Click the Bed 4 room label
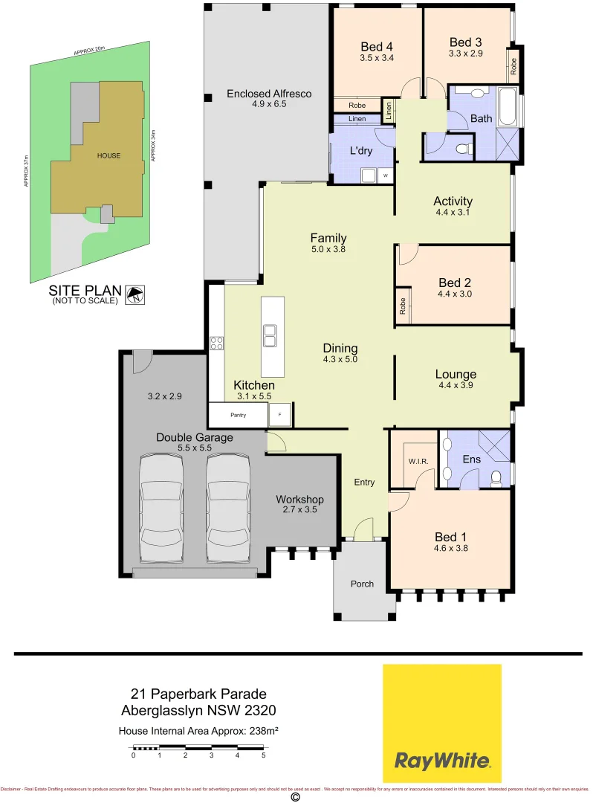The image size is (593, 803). coord(376,43)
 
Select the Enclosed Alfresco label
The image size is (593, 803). coord(268,94)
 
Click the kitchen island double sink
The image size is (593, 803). coord(269,337)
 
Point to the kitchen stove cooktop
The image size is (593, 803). coord(217,343)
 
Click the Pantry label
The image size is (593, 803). coord(237,415)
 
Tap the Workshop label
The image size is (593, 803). coord(299,499)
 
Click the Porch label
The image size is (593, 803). coord(363,584)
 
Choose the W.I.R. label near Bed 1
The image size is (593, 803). coord(418,461)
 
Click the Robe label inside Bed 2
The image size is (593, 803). coord(402,306)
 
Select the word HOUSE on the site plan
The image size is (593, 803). coord(108,155)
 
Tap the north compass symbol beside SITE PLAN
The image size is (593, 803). coord(135,295)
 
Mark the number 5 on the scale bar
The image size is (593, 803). coord(263,755)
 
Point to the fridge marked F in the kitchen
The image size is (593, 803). coord(280,414)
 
